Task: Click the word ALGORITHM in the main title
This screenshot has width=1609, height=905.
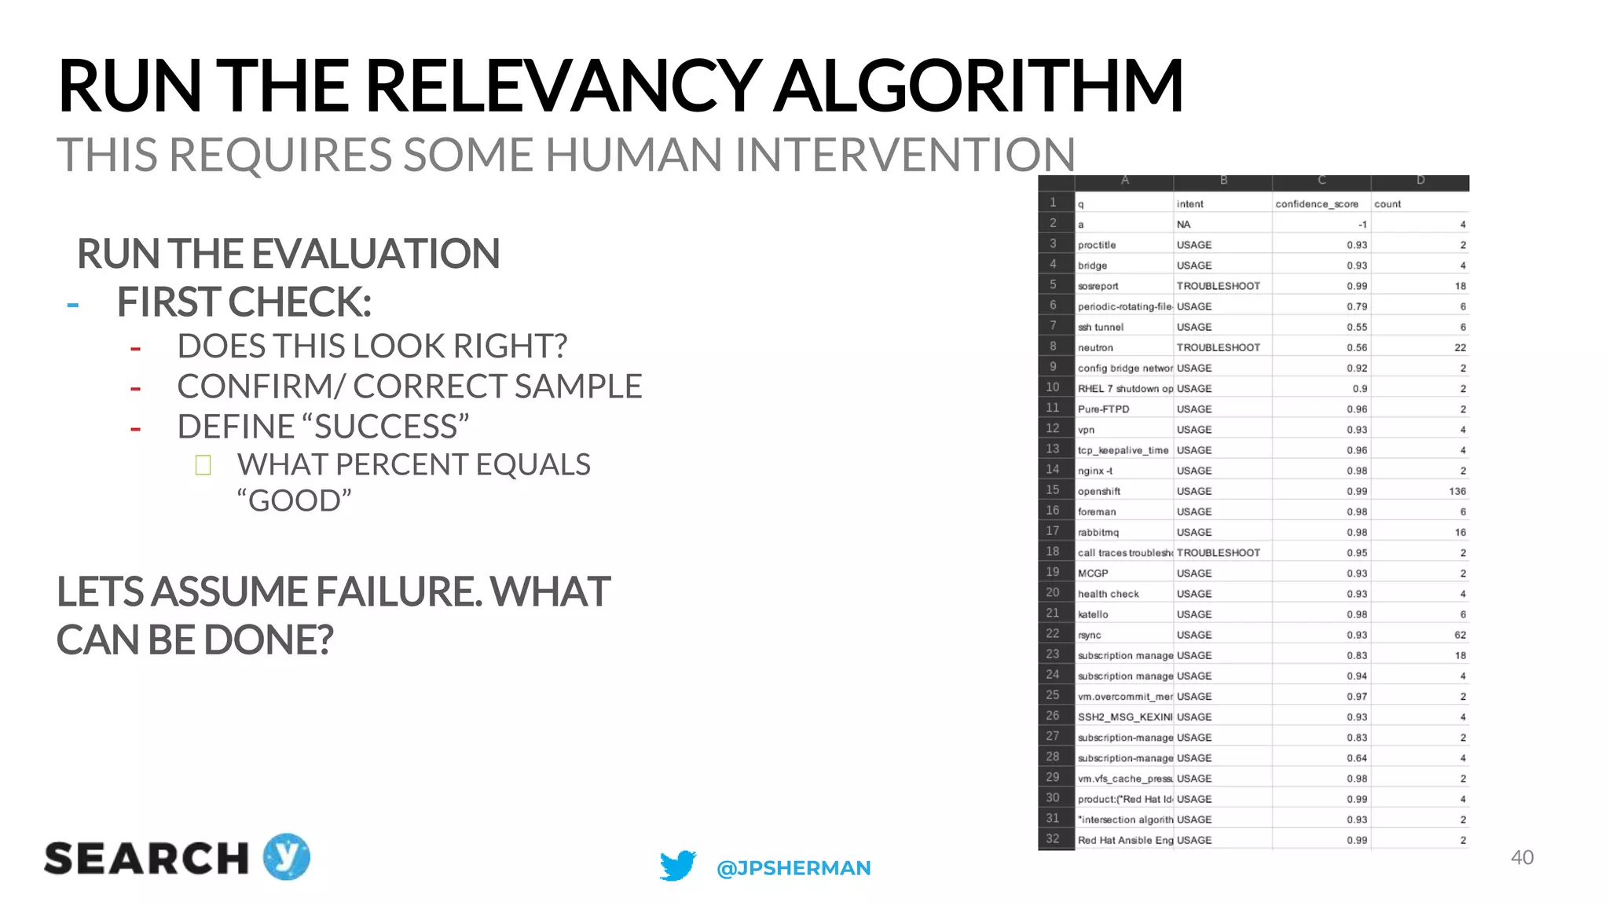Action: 978,86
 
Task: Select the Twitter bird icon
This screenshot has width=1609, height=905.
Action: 677,866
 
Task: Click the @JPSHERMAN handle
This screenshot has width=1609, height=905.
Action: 794,868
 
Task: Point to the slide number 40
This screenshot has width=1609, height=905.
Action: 1522,858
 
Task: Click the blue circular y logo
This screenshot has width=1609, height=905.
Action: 286,856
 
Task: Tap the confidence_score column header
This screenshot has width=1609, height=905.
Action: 1317,204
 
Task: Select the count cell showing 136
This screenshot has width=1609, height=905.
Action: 1457,491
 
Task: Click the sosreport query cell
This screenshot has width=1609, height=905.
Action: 1098,286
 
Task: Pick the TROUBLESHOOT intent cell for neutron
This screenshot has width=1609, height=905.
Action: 1218,347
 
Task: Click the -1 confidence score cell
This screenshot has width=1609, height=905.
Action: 1362,225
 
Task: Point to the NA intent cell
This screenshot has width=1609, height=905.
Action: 1183,225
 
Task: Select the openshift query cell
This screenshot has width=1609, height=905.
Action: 1099,491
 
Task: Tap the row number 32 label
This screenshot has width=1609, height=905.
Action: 1053,839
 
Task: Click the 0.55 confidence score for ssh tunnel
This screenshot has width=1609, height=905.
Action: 1357,327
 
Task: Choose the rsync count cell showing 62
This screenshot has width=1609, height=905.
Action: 1460,635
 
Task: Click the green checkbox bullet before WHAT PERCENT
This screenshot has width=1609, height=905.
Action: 203,465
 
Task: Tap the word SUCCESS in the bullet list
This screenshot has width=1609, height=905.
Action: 384,427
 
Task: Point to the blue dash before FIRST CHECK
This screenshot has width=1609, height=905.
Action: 73,305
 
